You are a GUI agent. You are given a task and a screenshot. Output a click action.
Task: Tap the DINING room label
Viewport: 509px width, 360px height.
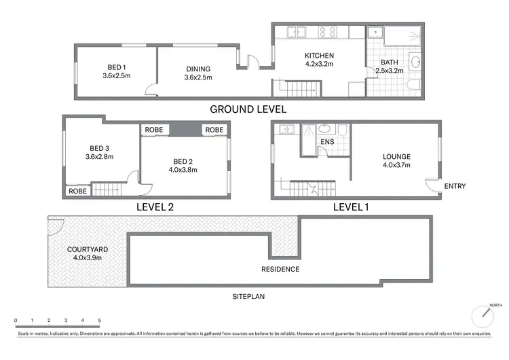[197, 69]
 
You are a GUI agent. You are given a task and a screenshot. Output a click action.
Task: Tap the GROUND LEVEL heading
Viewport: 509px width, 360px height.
[248, 109]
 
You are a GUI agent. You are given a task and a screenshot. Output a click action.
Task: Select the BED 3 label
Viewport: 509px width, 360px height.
[100, 147]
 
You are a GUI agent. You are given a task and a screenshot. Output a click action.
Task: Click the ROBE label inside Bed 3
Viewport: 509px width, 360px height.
[77, 192]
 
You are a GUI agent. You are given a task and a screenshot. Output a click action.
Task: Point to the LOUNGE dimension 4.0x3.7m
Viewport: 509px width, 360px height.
[396, 165]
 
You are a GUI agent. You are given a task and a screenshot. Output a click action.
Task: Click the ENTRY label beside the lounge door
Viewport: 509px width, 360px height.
[455, 186]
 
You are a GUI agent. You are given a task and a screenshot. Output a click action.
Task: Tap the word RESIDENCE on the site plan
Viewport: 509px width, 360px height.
[281, 270]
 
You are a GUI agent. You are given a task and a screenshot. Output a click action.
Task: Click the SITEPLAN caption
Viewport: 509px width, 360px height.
[247, 297]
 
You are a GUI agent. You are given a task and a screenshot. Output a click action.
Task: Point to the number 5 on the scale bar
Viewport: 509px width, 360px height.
[99, 320]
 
